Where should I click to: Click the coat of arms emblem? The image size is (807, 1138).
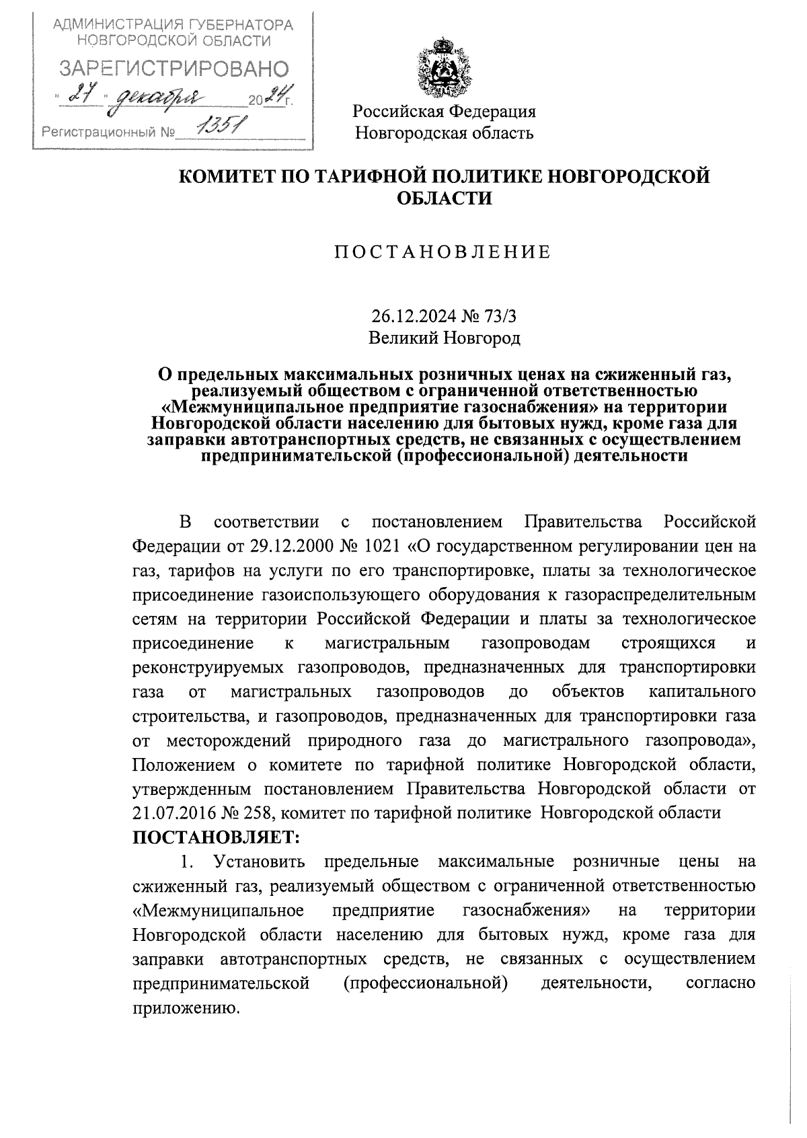(x=444, y=69)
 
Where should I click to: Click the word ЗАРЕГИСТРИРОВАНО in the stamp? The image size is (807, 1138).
(x=174, y=69)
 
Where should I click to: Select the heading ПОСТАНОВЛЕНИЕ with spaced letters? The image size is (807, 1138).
(x=443, y=252)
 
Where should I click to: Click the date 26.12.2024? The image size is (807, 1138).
(x=411, y=316)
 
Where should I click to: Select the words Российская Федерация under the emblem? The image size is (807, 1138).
(x=445, y=111)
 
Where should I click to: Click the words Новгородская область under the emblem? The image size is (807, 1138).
(x=445, y=132)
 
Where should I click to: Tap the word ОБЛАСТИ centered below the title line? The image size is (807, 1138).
(x=443, y=199)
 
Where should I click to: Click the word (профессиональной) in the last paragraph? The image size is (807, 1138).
(x=425, y=983)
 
